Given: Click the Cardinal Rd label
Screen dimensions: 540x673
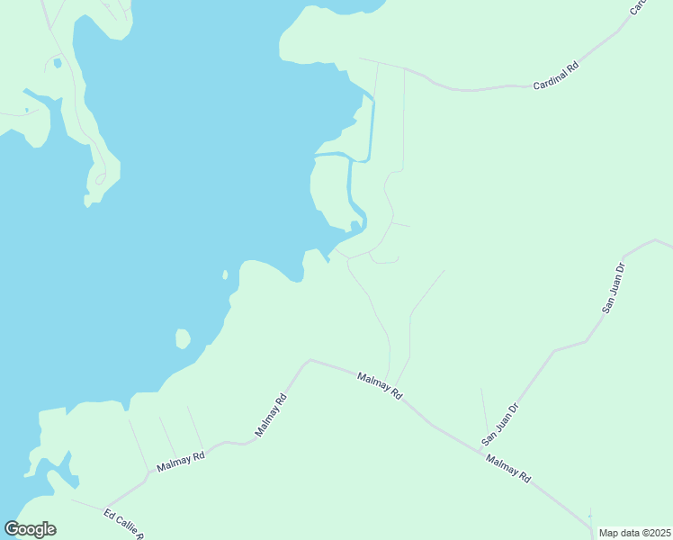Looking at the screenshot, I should coord(555,76).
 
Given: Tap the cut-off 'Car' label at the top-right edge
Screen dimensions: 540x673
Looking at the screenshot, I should coord(637,7).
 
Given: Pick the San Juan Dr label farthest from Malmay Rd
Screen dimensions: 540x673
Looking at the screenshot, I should coord(613,289).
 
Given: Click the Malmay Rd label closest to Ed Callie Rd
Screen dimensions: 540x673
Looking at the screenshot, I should coord(181,462).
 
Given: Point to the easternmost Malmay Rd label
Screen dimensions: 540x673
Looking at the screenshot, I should coord(508,470).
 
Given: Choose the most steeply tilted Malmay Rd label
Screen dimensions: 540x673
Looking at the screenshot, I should coord(271,416).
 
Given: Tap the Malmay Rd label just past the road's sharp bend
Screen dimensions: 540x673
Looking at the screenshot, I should coord(379,385).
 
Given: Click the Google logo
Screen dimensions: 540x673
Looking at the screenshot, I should coord(30,529).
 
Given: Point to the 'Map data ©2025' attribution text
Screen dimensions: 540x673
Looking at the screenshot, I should coord(633,532).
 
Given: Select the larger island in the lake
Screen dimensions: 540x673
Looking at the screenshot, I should coord(183,339).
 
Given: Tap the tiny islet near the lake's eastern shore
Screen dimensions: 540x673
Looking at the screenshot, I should coord(224,274).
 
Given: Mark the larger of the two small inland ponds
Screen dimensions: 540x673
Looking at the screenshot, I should coord(57,63).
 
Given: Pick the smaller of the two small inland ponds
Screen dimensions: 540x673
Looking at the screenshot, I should coord(27,110).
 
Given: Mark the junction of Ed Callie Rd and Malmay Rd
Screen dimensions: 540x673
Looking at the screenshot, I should coord(107,505).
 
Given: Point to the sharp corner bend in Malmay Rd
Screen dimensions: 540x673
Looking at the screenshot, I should coord(310,361).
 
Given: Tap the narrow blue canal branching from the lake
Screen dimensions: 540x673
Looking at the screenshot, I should coord(349,180).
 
